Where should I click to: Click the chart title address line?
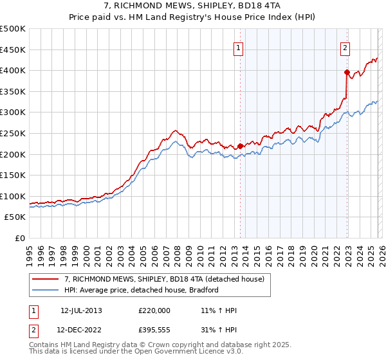(192, 6)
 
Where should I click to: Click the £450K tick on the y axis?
(13, 50)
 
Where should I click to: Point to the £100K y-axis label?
(13, 196)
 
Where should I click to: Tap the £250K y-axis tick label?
(13, 133)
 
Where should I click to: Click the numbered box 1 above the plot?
(239, 47)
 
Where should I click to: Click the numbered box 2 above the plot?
(345, 47)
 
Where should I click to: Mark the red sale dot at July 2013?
(240, 146)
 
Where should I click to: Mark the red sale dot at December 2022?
(347, 72)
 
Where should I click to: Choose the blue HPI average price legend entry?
(142, 290)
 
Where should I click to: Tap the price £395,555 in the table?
(154, 330)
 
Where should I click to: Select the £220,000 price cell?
(154, 310)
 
